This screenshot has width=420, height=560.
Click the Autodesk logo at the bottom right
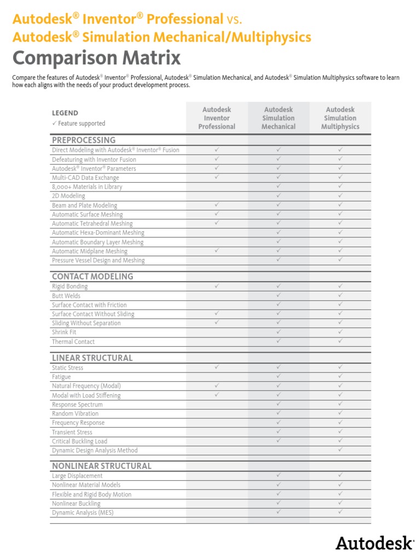point(375,542)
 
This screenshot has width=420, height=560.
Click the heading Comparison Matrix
point(96,58)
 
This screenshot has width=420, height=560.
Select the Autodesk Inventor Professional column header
point(217,118)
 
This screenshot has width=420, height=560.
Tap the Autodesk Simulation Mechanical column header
point(278,118)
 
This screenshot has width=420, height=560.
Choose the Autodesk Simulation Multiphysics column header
point(340,118)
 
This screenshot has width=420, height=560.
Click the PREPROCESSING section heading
point(84,140)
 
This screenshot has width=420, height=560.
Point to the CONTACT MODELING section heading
point(92,276)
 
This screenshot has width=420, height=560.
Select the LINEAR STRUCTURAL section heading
point(92,358)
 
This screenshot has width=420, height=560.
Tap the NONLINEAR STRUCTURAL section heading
point(102,466)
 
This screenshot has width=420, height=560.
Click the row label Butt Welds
point(66,296)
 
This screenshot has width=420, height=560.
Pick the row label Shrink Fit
point(64,332)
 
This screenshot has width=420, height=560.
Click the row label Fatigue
point(61,377)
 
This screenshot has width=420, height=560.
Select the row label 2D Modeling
point(68,196)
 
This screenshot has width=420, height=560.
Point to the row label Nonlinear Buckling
point(76,503)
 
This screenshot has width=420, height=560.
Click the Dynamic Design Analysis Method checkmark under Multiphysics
point(340,450)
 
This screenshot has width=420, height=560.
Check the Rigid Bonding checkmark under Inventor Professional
point(217,285)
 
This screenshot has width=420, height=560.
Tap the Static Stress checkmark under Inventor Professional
point(217,367)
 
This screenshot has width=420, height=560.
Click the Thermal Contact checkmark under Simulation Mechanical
point(278,341)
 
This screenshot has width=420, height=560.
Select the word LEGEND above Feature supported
point(65,113)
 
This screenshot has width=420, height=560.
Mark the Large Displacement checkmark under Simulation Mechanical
point(278,475)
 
